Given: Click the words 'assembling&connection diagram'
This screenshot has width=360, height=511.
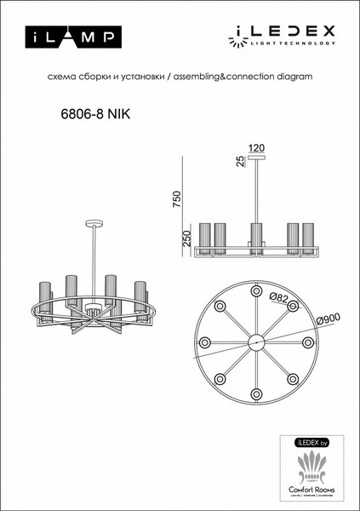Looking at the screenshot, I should pyautogui.click(x=248, y=77).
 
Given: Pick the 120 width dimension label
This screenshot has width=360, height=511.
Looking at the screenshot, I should pyautogui.click(x=256, y=148).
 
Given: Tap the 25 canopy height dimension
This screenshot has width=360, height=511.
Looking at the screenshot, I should pyautogui.click(x=241, y=160).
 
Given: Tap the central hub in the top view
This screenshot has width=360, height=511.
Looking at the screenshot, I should pyautogui.click(x=254, y=342).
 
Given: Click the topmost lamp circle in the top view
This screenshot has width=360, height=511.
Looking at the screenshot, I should pyautogui.click(x=254, y=290).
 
